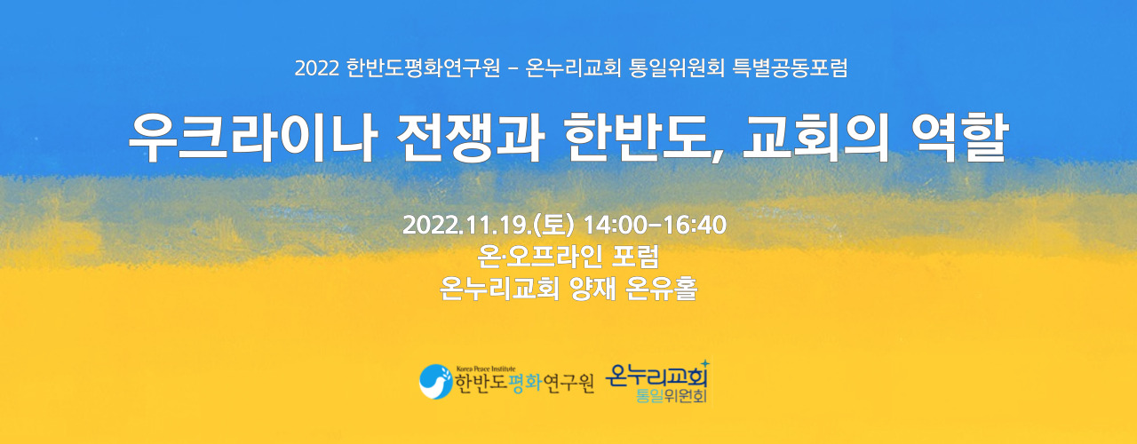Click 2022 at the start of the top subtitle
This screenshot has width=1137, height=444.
click(x=316, y=68)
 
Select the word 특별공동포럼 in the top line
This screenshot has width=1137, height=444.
click(x=791, y=67)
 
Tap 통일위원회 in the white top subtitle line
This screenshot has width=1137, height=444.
click(x=677, y=67)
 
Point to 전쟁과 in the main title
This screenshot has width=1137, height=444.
click(x=471, y=138)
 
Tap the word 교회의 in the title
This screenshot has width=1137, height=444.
click(x=815, y=138)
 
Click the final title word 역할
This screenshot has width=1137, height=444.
click(x=958, y=138)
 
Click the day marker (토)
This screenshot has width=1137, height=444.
click(x=553, y=226)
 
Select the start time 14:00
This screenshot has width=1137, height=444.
click(x=616, y=226)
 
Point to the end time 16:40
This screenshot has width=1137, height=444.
click(x=695, y=226)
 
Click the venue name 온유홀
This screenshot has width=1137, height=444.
click(x=662, y=289)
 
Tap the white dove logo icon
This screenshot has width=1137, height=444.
click(x=435, y=381)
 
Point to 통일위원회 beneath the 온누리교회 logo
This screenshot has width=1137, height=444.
click(x=671, y=396)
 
